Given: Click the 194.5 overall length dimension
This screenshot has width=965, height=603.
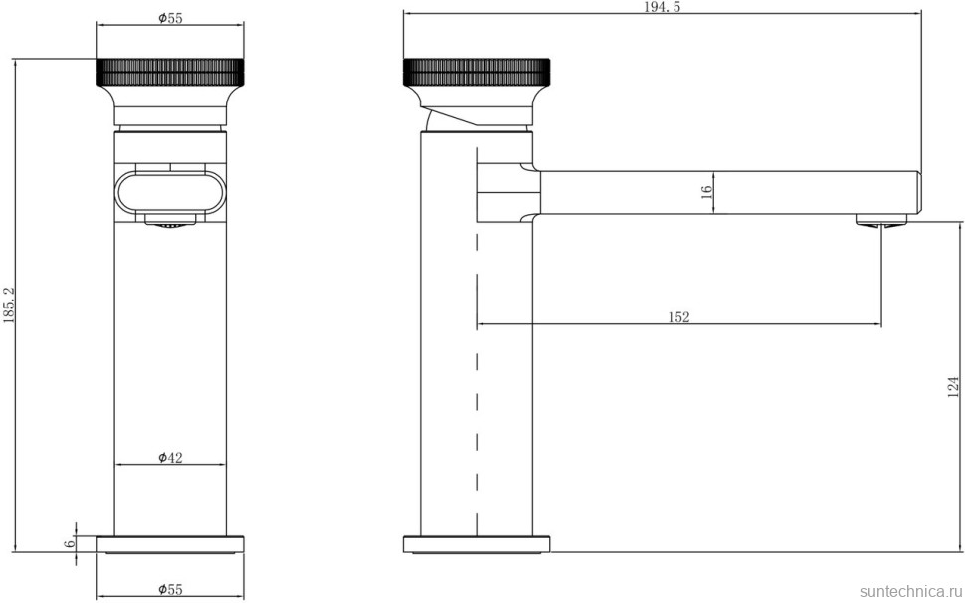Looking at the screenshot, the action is click(662, 7).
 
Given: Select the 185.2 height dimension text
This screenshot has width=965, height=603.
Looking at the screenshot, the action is click(8, 305).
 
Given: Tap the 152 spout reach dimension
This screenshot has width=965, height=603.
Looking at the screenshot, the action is click(678, 317).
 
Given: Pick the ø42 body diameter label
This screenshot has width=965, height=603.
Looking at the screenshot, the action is click(170, 457).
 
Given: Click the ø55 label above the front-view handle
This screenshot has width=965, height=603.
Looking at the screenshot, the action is click(170, 18).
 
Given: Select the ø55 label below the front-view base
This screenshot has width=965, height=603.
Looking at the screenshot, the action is click(170, 590).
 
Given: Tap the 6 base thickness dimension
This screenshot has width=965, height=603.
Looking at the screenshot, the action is click(71, 544).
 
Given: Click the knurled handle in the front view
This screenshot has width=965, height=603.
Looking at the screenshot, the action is click(170, 73).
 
